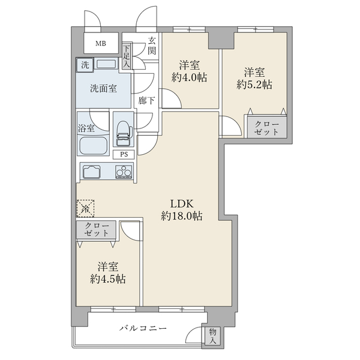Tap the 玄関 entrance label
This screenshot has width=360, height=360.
pos(152,46)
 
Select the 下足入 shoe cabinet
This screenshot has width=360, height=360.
pos(127,56)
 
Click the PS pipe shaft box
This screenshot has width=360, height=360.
pos(124,154)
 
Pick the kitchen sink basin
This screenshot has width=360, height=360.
pos(93,171)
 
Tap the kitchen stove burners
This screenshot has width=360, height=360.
pos(124,172)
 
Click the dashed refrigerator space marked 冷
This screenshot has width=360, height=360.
pos(85,208)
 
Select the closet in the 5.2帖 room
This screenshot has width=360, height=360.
pos(267,127)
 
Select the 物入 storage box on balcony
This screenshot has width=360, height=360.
pos(212,336)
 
